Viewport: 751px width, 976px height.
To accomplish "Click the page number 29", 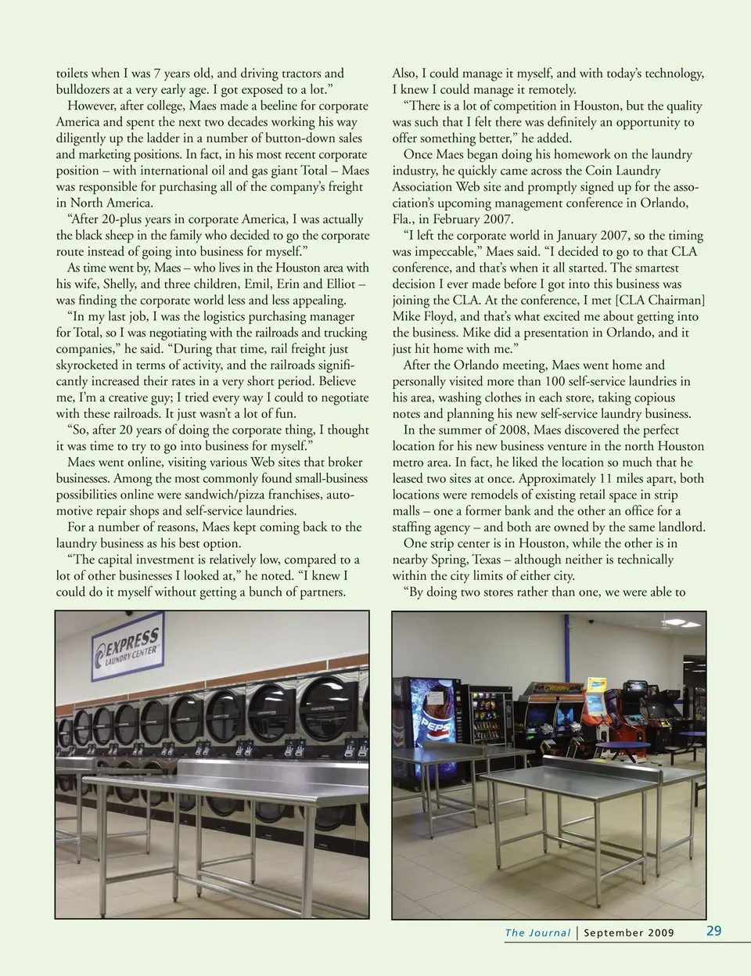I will click(713, 931).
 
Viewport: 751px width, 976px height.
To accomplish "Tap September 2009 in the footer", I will click(628, 932).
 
